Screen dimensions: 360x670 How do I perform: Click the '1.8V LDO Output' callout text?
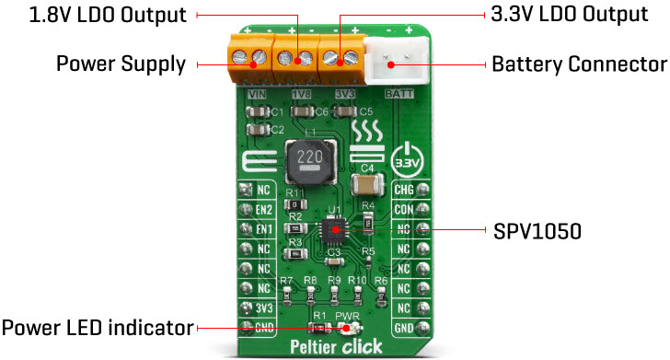95,16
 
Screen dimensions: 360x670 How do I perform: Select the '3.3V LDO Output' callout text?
561,16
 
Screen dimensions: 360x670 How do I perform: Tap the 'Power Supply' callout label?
121,64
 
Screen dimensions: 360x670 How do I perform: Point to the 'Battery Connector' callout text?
579,64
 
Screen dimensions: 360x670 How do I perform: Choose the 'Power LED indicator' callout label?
98,327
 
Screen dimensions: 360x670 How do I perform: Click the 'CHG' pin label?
404,191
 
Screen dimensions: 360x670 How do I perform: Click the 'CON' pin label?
404,209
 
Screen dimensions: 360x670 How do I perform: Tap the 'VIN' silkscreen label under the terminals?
258,94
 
